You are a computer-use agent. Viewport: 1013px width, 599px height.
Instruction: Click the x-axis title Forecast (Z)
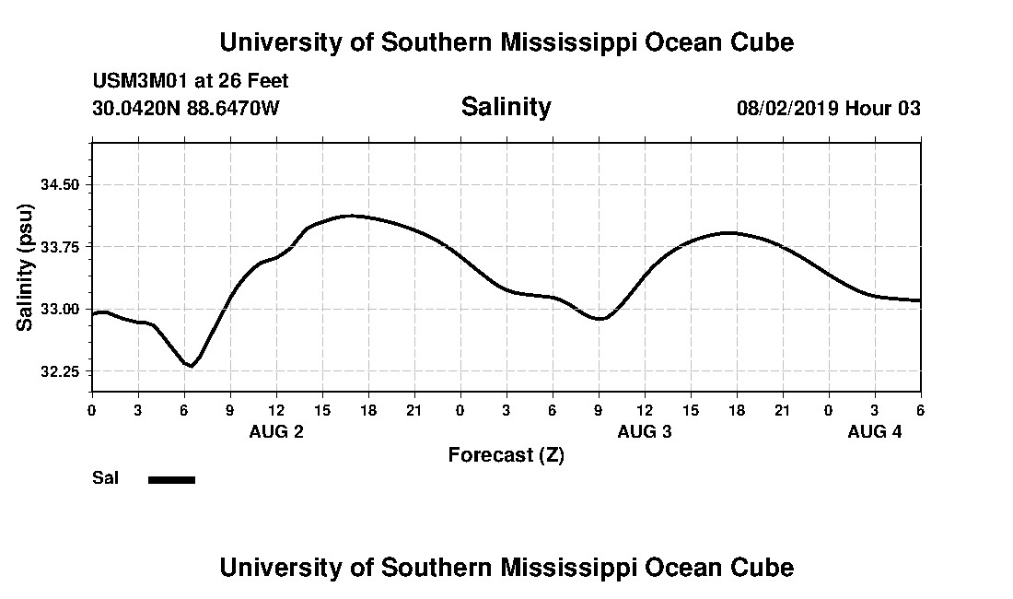pyautogui.click(x=506, y=455)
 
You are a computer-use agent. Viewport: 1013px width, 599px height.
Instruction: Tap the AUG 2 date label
pyautogui.click(x=276, y=432)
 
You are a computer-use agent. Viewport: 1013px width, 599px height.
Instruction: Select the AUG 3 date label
pyautogui.click(x=645, y=432)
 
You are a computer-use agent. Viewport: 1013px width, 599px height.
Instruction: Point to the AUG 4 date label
pyautogui.click(x=874, y=432)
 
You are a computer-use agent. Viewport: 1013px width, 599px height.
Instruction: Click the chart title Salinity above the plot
pyautogui.click(x=506, y=107)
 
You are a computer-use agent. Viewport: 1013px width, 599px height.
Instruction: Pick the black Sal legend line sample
pyautogui.click(x=171, y=479)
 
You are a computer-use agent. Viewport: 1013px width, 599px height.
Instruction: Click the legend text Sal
pyautogui.click(x=106, y=478)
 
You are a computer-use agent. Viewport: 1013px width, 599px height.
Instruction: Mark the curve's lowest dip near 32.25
pyautogui.click(x=190, y=366)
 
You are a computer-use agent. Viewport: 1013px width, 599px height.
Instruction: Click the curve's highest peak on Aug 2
pyautogui.click(x=350, y=216)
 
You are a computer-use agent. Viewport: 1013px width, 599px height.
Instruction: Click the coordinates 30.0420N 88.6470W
pyautogui.click(x=186, y=109)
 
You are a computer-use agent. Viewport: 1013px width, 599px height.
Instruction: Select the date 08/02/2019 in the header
pyautogui.click(x=786, y=109)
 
